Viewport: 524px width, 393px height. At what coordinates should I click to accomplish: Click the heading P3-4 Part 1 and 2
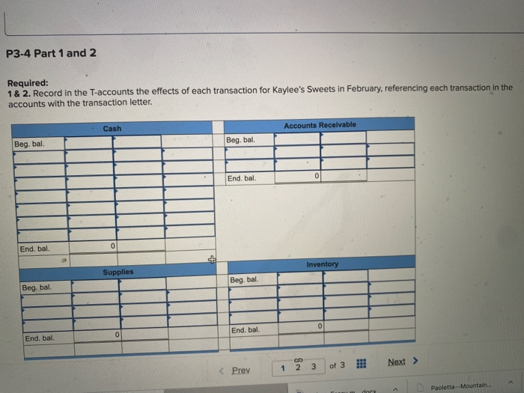point(51,54)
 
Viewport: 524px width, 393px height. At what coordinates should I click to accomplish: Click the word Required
point(27,83)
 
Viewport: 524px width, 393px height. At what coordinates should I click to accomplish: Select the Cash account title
point(112,129)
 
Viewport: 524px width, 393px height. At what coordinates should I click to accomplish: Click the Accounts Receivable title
point(320,124)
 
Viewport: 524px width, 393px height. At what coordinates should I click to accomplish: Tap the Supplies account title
point(118,272)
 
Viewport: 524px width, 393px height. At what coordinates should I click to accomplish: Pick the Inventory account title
point(322,264)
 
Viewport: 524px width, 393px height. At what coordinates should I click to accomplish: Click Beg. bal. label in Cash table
point(28,143)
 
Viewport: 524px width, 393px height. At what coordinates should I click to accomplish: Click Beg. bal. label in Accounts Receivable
point(241,140)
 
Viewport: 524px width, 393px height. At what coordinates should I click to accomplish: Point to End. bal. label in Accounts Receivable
point(242,178)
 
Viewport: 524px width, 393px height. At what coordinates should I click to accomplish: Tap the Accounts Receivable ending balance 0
point(317,176)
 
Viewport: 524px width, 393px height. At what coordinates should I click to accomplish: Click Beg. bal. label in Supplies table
point(37,287)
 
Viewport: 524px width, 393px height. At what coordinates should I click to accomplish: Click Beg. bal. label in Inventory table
point(244,280)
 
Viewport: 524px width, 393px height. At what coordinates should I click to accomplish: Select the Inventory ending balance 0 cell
point(319,327)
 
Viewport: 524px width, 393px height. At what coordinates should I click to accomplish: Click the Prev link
point(240,370)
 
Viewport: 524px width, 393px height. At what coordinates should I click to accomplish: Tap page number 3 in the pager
point(313,366)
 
